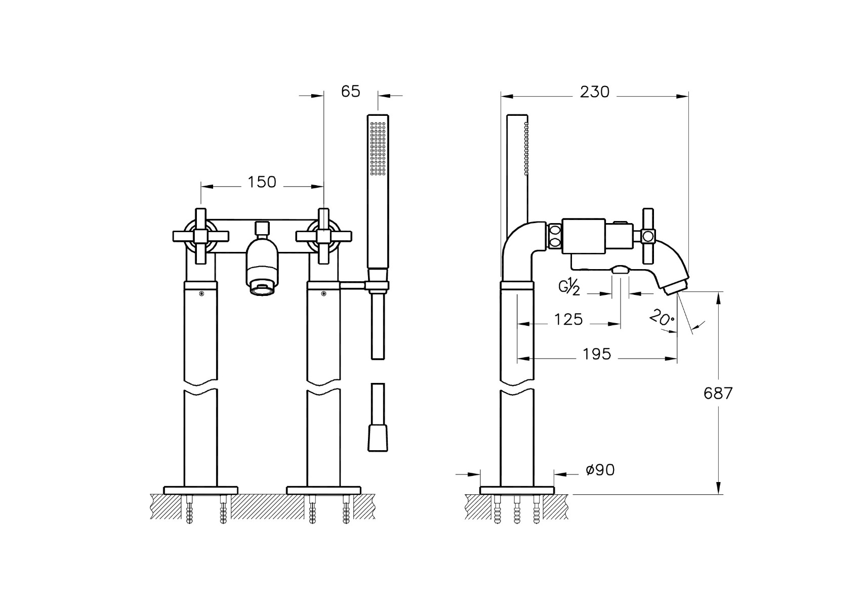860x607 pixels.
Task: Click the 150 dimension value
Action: click(262, 182)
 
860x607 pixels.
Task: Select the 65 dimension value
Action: click(350, 92)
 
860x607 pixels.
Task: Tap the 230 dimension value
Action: click(595, 92)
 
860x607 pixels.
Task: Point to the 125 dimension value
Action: click(568, 319)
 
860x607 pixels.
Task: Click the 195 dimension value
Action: click(597, 354)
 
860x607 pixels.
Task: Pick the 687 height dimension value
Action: click(718, 394)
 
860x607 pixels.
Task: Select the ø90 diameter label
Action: click(600, 470)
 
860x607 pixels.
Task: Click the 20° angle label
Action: click(662, 318)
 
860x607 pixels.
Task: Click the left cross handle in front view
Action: click(201, 236)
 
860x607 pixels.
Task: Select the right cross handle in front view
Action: click(323, 236)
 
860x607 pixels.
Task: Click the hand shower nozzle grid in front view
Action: click(378, 149)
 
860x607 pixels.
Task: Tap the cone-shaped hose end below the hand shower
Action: click(378, 438)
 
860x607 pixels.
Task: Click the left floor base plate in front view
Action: click(201, 490)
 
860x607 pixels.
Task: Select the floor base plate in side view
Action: click(517, 490)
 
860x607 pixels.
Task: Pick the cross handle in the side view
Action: click(648, 236)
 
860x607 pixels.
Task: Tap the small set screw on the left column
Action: click(201, 294)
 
